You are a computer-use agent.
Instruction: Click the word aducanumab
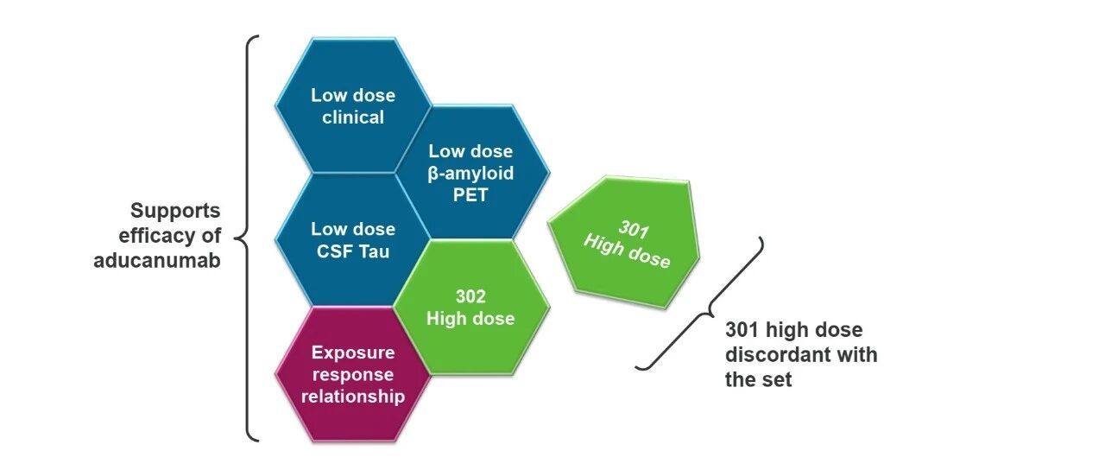click(x=157, y=260)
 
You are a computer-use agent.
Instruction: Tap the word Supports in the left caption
click(x=175, y=211)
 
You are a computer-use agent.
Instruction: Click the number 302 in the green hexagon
click(x=470, y=296)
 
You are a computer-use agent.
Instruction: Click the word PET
click(x=470, y=194)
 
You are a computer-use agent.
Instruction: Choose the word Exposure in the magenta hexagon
click(x=353, y=352)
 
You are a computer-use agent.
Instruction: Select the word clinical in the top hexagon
click(x=353, y=117)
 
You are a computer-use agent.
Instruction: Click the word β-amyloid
click(x=470, y=173)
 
